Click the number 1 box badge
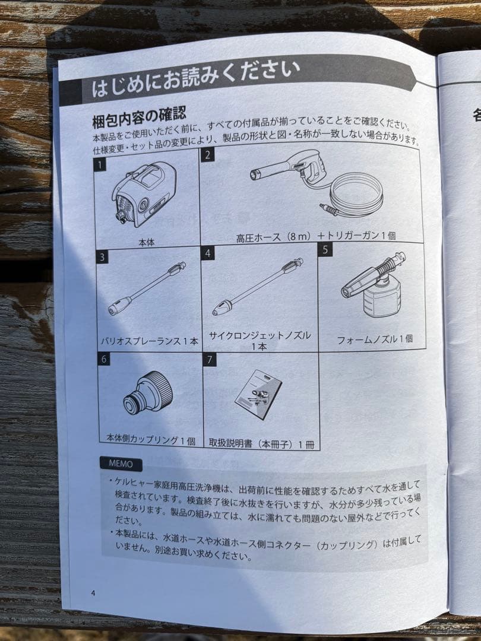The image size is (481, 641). (x=102, y=164)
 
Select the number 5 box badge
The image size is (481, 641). (x=325, y=249)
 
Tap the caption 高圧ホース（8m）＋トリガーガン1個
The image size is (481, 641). (x=315, y=236)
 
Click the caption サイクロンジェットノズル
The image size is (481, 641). (x=260, y=335)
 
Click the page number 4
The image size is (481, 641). (x=93, y=592)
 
